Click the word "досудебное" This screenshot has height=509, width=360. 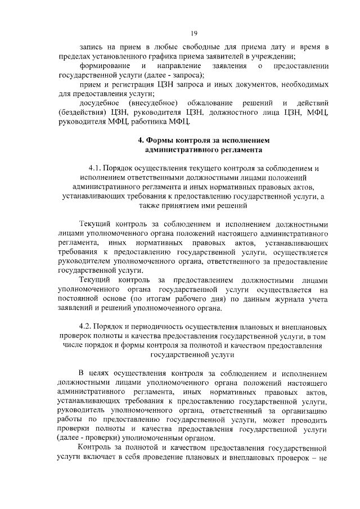click(x=98, y=103)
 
